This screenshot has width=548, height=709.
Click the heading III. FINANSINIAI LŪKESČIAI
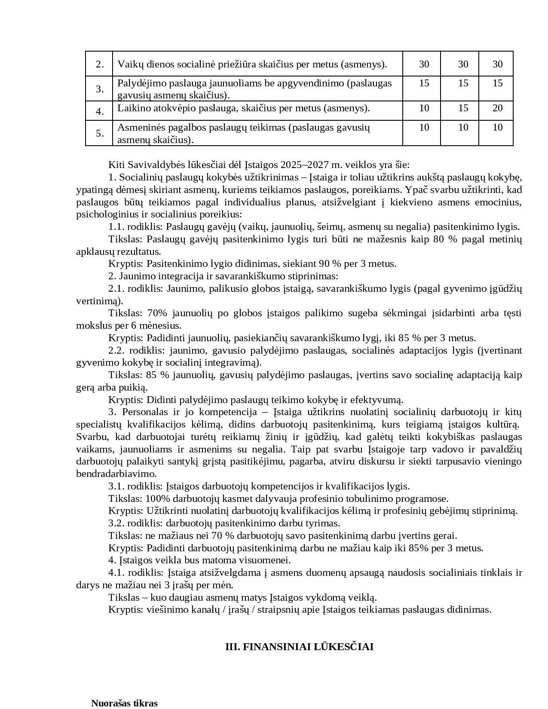tap(299, 647)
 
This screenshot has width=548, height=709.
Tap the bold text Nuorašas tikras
tap(124, 703)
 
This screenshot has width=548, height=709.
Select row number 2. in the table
tap(100, 64)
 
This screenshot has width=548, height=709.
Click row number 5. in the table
tap(100, 133)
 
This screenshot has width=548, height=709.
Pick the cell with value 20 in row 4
tap(497, 108)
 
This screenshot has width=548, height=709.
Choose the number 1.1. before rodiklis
tap(116, 226)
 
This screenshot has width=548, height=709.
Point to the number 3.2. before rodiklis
tap(116, 523)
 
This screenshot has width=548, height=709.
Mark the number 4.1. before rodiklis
tap(116, 572)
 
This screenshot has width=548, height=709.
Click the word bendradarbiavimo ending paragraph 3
tap(116, 474)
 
